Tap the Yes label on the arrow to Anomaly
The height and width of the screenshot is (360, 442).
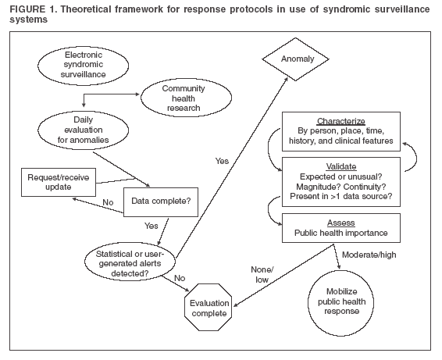(223, 160)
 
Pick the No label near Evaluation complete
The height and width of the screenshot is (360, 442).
(180, 276)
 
